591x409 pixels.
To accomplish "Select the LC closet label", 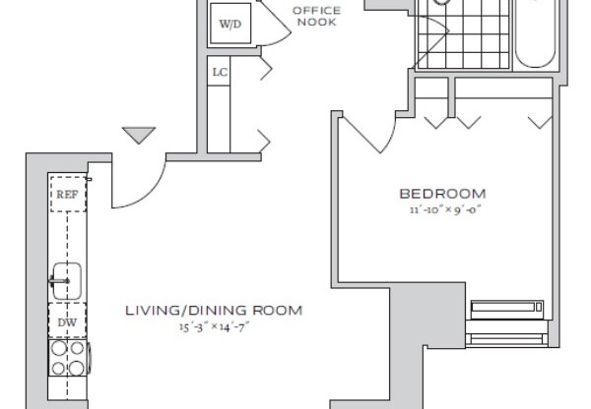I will point(220,72).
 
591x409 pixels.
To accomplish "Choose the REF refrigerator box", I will point(67,195).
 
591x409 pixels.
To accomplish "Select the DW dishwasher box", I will point(67,321).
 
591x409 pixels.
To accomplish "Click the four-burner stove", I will point(67,359).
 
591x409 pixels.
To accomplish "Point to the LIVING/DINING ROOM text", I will point(213,311).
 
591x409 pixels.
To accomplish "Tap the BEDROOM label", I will point(442,193).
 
